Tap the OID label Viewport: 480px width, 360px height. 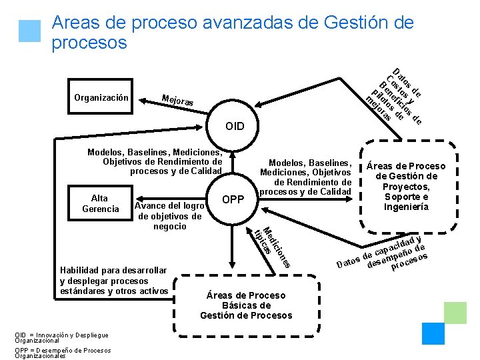(235, 126)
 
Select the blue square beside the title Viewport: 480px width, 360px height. (29, 31)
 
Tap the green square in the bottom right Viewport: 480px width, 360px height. (455, 312)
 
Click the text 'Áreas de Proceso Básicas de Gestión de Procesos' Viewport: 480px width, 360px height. (246, 305)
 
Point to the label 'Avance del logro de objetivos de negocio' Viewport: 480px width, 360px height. (169, 215)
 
